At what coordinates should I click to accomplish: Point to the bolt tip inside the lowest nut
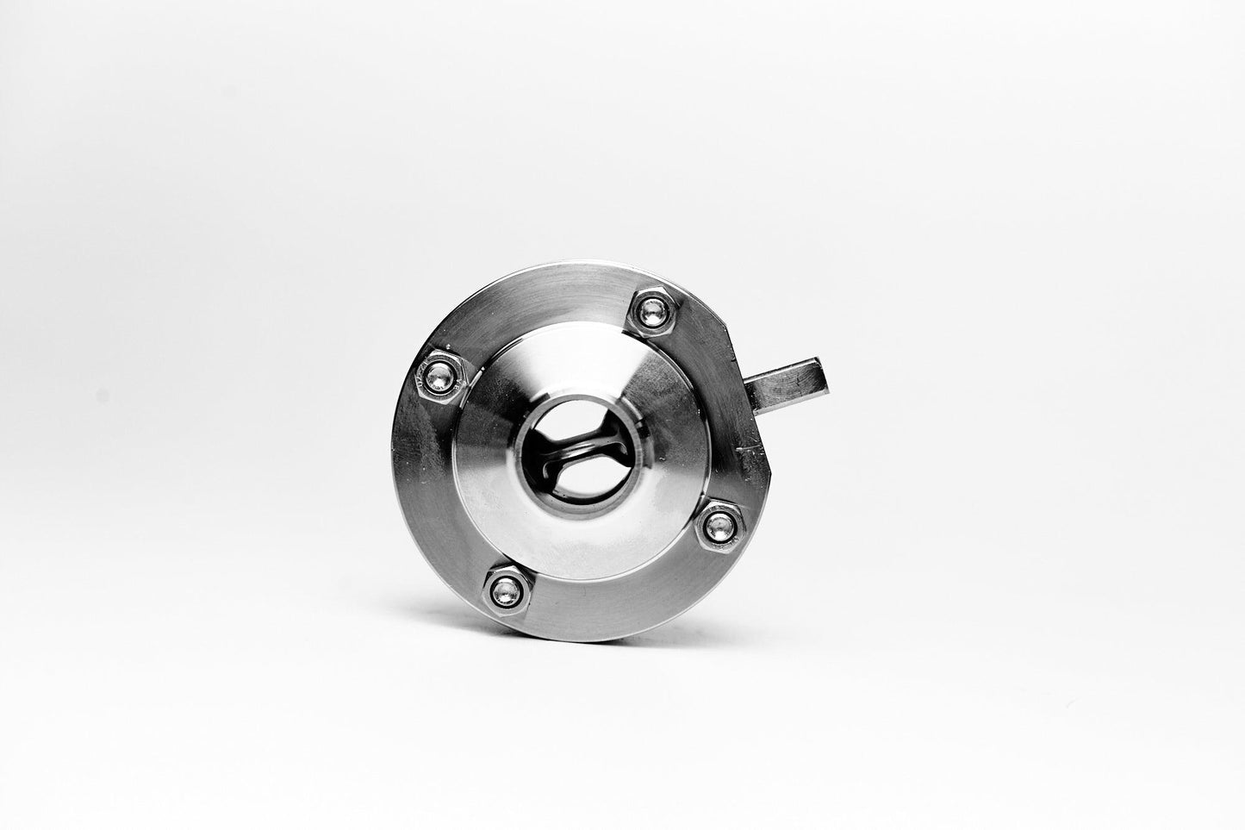coord(506,590)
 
